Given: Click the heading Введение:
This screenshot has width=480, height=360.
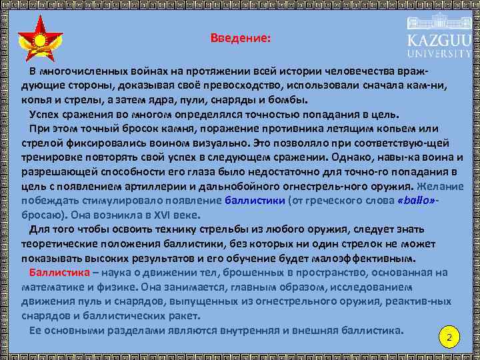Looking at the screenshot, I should [x=240, y=39].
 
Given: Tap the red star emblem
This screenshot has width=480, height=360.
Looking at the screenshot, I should [x=39, y=41].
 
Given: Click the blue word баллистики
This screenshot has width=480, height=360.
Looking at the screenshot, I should [x=255, y=200].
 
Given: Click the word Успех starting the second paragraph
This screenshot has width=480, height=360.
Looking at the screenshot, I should [x=45, y=114].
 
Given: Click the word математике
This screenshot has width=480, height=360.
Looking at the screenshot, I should [x=51, y=287].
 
